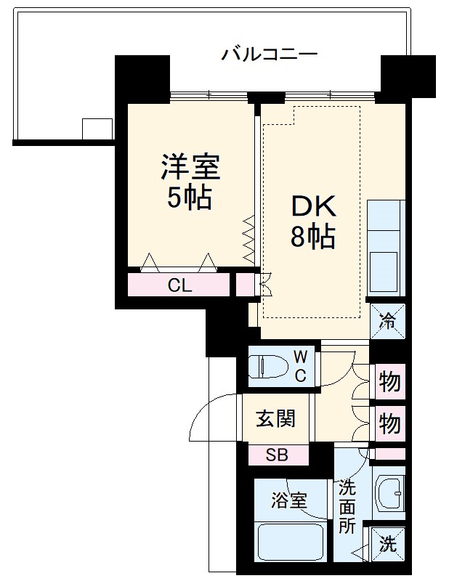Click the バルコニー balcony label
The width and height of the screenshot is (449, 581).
point(270,54)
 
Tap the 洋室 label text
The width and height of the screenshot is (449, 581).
point(190,169)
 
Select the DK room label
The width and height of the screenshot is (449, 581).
point(314,208)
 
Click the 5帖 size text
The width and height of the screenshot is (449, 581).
point(190,198)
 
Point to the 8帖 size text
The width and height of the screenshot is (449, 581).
point(313,237)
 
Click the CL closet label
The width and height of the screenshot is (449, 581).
point(179,285)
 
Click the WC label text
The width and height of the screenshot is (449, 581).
point(301,365)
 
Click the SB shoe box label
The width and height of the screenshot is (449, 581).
point(276,455)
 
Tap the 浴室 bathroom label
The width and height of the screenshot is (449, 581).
point(289,500)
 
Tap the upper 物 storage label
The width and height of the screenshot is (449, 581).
point(390,381)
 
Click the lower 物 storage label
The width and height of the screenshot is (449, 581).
point(390,422)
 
